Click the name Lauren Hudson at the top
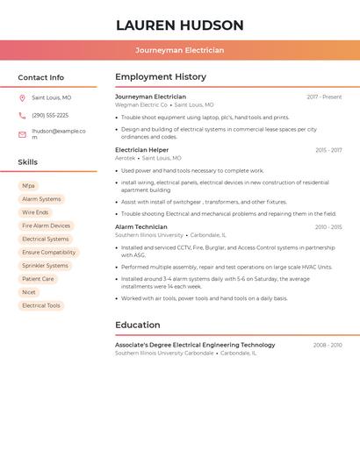tap(180, 25)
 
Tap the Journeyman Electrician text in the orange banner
tap(180, 50)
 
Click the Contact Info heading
tap(40, 77)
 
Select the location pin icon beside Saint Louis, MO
tap(22, 97)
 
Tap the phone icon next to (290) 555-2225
tap(22, 116)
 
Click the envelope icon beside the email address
tap(22, 134)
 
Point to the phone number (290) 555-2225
tap(50, 116)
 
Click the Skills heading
tap(28, 162)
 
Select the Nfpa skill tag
tap(29, 186)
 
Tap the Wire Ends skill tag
tap(36, 212)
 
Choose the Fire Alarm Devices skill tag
tap(46, 225)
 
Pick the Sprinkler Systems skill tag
tap(45, 266)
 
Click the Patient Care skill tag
tap(38, 279)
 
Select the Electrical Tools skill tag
tap(41, 305)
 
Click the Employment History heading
tap(161, 77)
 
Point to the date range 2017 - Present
tap(324, 97)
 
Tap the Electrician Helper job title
tap(142, 150)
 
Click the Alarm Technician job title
tap(140, 227)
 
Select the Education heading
tap(138, 325)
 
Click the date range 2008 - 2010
tap(328, 346)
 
